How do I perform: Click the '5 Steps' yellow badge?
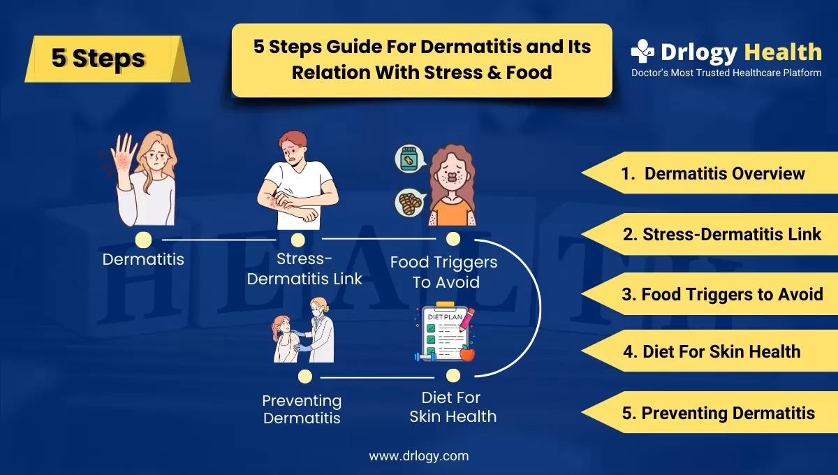tap(108, 59)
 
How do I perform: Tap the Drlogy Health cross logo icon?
tap(642, 51)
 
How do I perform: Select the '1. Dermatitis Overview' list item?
tap(710, 173)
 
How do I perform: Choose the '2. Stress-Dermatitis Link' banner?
tap(710, 234)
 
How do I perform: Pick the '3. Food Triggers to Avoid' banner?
tap(710, 294)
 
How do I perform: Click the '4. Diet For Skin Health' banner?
tap(710, 351)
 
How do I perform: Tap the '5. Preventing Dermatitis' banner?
tap(710, 413)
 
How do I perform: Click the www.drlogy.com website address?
tap(418, 456)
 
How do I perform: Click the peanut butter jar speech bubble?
tap(410, 159)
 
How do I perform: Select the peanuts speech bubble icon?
tap(410, 203)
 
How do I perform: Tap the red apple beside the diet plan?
tap(467, 353)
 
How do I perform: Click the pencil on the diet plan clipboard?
tap(467, 319)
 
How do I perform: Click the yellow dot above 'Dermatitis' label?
tap(143, 240)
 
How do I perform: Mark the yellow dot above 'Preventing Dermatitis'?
tap(305, 377)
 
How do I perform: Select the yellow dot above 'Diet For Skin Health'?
tap(453, 375)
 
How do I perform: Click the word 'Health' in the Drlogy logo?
tap(783, 52)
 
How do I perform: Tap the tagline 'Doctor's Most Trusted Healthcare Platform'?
tap(726, 73)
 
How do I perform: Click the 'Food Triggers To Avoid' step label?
tap(444, 272)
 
